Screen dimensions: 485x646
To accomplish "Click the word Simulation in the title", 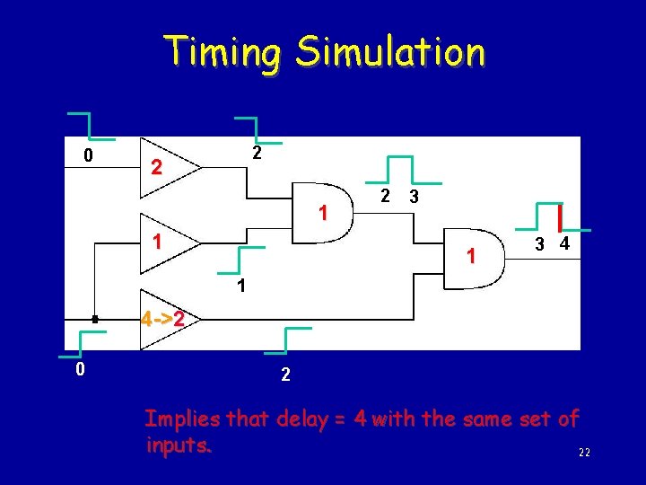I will pyautogui.click(x=391, y=52).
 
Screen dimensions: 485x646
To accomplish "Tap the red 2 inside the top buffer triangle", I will pyautogui.click(x=156, y=168).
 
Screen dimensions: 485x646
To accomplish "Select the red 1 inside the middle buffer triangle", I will pyautogui.click(x=156, y=242).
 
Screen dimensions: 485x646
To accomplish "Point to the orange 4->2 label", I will pyautogui.click(x=162, y=319).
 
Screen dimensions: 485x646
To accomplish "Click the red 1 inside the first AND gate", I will pyautogui.click(x=323, y=213).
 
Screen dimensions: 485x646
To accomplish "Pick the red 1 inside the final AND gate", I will pyautogui.click(x=470, y=258).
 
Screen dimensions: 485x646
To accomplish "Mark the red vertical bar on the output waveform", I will pyautogui.click(x=560, y=217).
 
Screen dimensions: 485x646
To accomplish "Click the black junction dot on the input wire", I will pyautogui.click(x=94, y=319).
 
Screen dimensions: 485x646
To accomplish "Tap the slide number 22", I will pyautogui.click(x=584, y=454).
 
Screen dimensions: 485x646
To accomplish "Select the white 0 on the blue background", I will pyautogui.click(x=80, y=369).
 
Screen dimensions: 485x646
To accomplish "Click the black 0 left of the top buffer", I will pyautogui.click(x=87, y=155).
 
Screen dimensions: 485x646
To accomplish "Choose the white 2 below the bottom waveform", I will pyautogui.click(x=285, y=375).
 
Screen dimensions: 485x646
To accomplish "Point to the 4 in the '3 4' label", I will pyautogui.click(x=563, y=244).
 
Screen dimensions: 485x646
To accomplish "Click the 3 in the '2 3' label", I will pyautogui.click(x=413, y=197).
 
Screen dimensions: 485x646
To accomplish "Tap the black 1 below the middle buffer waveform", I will pyautogui.click(x=241, y=287).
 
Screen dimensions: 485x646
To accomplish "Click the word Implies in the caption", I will pyautogui.click(x=183, y=419).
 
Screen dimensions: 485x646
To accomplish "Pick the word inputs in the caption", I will pyautogui.click(x=179, y=444).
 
